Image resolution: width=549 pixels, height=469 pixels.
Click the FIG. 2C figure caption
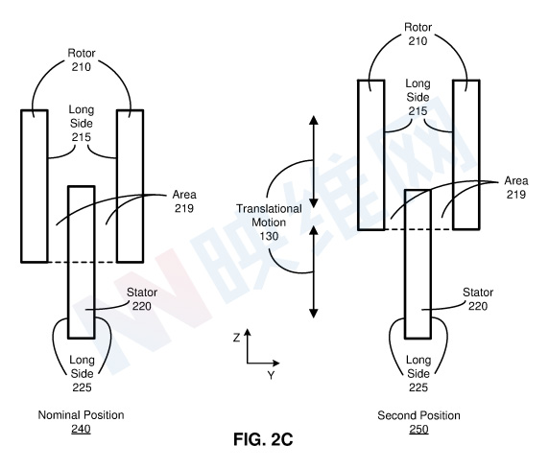[263, 439]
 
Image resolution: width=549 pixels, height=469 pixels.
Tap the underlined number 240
[81, 429]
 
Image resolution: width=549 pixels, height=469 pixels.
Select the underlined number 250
[418, 429]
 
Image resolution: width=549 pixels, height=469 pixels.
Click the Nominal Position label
[81, 415]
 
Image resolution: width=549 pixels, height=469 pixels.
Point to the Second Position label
[418, 415]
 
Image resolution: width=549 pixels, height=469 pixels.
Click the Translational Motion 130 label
[269, 223]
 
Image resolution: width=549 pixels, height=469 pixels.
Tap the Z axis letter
[237, 338]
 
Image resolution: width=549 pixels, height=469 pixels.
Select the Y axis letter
[271, 376]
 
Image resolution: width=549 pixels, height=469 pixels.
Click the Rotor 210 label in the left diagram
[82, 59]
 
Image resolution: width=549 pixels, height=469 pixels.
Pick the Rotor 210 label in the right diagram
[418, 34]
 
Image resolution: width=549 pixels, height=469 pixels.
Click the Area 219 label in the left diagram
[184, 201]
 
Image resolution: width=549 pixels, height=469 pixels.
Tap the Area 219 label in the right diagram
[516, 188]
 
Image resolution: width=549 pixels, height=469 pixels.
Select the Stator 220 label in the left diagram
[142, 299]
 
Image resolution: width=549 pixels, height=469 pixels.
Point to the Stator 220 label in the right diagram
[478, 299]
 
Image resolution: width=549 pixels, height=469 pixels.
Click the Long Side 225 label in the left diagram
[82, 373]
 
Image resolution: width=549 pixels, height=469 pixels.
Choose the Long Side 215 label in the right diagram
[418, 97]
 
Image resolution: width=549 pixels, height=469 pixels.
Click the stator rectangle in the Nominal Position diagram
[82, 262]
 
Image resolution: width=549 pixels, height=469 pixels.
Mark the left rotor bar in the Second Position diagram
[371, 154]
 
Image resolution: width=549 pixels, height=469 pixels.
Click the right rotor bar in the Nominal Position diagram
[131, 186]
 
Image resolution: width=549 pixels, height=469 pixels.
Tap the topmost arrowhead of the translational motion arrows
[314, 120]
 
